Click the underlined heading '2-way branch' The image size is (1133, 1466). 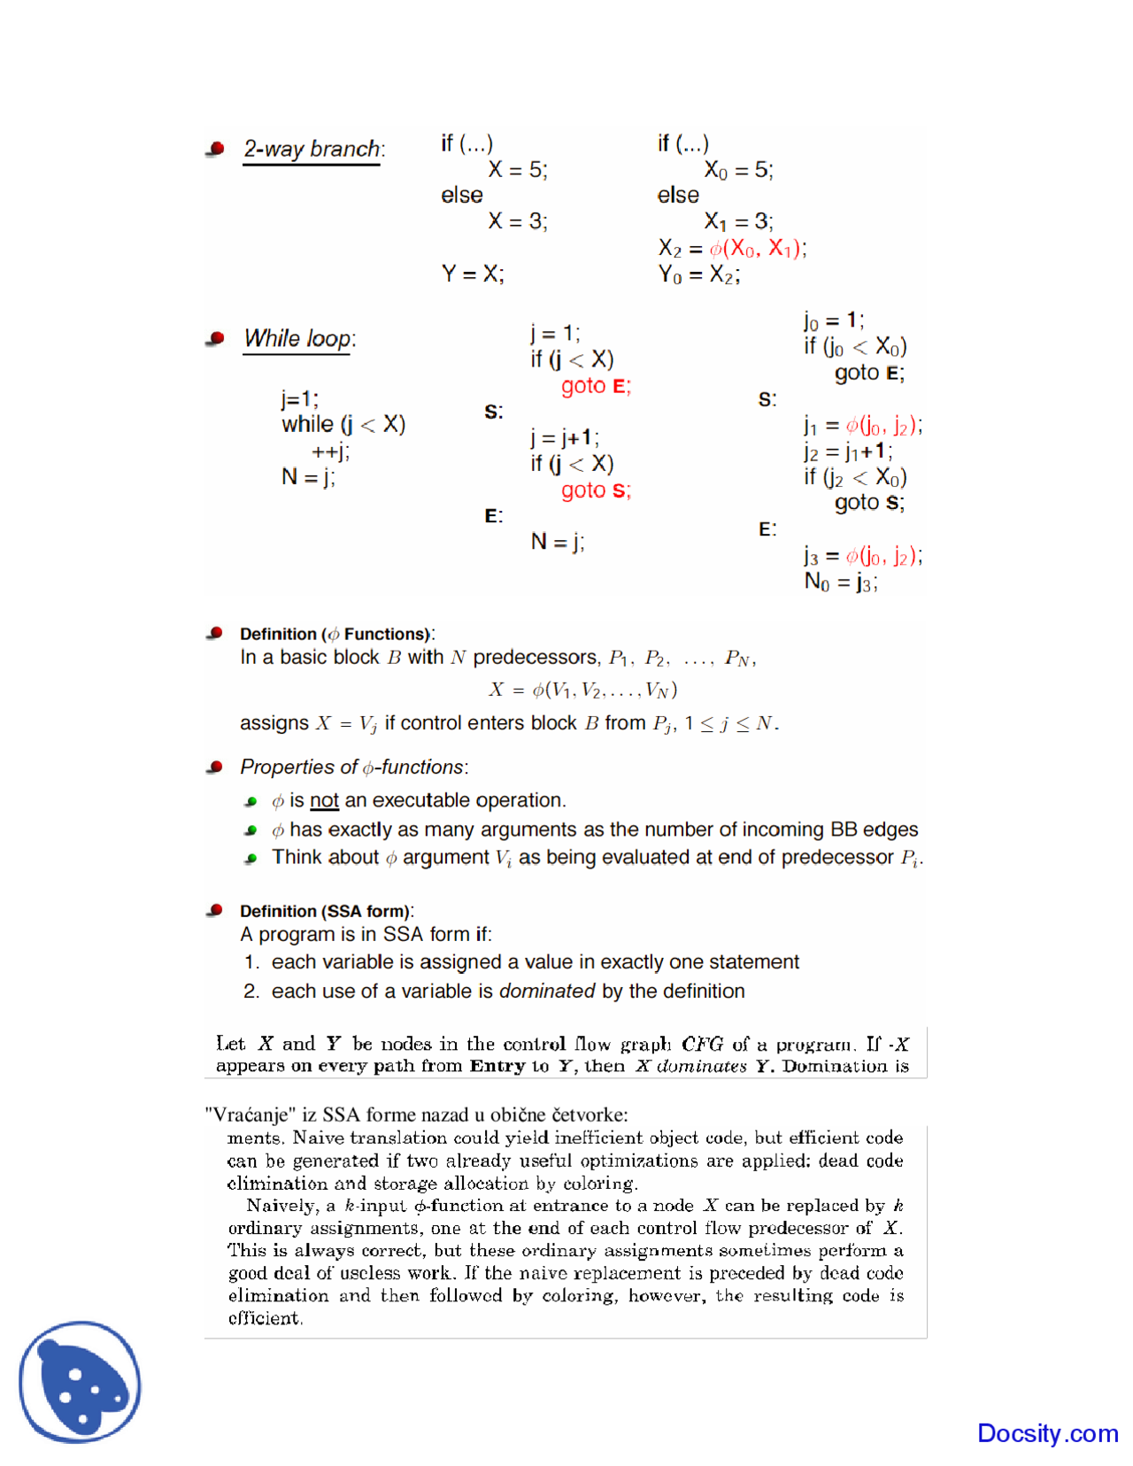pos(312,149)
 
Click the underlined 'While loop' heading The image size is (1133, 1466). pos(298,338)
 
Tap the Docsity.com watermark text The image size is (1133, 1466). pos(1047,1432)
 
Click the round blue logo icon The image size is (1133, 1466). pos(81,1381)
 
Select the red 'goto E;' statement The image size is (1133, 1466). pos(596,386)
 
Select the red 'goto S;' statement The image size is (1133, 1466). pos(596,490)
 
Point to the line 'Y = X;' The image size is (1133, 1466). pos(473,274)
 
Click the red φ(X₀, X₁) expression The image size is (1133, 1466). pos(757,249)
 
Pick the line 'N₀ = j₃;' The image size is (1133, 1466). pos(840,583)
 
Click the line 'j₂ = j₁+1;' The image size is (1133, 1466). pos(847,451)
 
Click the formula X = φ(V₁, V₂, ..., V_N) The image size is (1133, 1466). pos(583,690)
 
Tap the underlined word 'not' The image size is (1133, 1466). pos(324,800)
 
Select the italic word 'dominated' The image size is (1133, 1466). pos(547,991)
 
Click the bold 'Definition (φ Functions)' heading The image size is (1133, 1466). pos(335,634)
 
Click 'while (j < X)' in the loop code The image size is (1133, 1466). pos(343,425)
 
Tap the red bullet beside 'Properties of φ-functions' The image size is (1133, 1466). pos(215,767)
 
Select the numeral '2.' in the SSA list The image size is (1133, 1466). pos(251,991)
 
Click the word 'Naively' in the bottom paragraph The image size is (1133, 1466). pos(280,1206)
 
